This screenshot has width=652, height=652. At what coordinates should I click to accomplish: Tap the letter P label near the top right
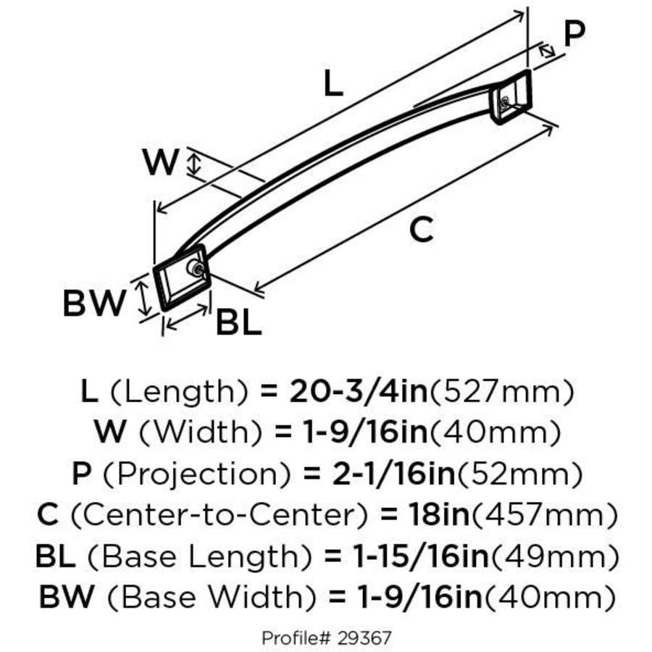click(x=574, y=34)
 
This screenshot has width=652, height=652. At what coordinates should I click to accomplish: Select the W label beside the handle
click(x=160, y=162)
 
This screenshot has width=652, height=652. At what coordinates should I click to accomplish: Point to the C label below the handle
click(x=421, y=230)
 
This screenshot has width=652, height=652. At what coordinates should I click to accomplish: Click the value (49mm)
click(x=555, y=557)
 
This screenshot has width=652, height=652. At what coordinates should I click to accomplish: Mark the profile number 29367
click(x=364, y=638)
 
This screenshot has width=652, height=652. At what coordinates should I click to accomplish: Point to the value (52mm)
click(x=518, y=475)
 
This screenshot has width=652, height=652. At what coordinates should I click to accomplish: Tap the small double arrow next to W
click(x=193, y=163)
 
